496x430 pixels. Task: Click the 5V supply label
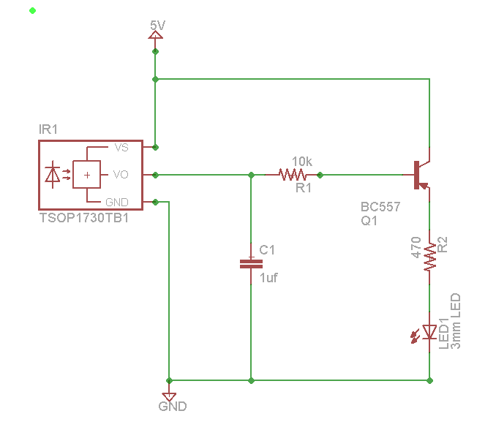tap(157, 26)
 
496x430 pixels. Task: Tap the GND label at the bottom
tap(173, 406)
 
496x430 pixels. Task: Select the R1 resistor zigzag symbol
tap(293, 175)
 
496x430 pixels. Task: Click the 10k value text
tap(302, 161)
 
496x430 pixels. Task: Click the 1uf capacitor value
tap(268, 278)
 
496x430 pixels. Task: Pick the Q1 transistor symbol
tap(420, 175)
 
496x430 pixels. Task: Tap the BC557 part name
tap(380, 207)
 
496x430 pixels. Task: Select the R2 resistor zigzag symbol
tap(429, 257)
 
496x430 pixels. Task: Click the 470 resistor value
tap(416, 247)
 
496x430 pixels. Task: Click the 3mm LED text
tap(456, 321)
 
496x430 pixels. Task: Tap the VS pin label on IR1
tap(121, 147)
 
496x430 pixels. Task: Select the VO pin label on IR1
tap(121, 175)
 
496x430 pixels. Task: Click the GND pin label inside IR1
tap(119, 202)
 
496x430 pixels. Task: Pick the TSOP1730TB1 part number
tap(84, 217)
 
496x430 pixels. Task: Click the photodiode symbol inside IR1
tap(53, 175)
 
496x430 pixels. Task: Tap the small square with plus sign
tap(87, 175)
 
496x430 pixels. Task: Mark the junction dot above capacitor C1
tap(251, 175)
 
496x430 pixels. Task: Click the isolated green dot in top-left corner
tap(31, 10)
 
